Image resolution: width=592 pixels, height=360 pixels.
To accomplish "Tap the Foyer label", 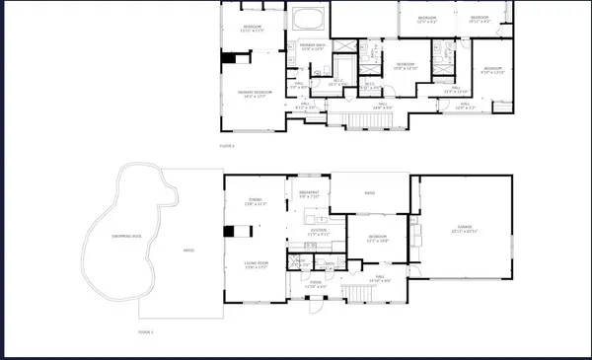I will (315, 284).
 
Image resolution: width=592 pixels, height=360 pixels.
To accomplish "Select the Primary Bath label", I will (313, 46).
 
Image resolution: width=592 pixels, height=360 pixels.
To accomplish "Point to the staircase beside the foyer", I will (346, 292).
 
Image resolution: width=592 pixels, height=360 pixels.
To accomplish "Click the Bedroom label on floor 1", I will (378, 238).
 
